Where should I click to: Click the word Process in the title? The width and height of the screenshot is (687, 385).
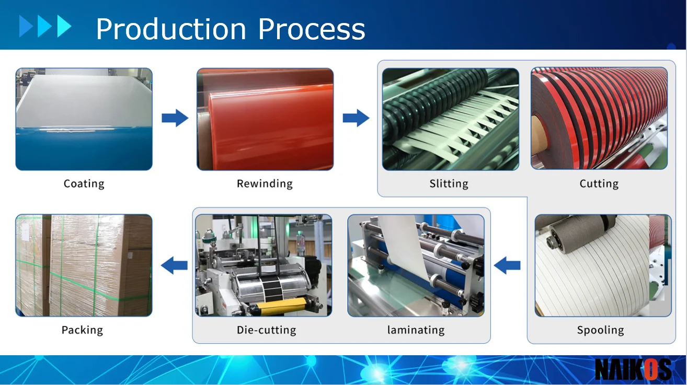coord(312,29)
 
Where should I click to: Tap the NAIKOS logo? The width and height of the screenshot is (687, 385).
coord(633,370)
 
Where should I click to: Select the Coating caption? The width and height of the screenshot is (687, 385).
coord(84,184)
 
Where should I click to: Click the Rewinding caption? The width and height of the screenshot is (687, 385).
coord(265,184)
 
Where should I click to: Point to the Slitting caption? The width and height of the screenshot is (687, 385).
coord(449,184)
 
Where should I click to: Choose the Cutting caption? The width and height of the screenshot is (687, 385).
coord(599,184)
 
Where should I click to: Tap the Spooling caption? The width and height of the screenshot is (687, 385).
coord(600,330)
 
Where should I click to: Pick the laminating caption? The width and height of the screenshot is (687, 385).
coord(416,330)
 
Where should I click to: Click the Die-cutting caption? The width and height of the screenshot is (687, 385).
coord(266,330)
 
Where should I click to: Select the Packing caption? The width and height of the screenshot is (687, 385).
coord(82,330)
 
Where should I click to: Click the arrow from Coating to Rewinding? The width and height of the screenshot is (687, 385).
coord(175,118)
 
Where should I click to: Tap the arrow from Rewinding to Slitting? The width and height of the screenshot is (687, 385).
coord(356,118)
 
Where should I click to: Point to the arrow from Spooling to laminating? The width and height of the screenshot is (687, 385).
coord(507,266)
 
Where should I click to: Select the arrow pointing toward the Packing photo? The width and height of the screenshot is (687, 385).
coord(174,266)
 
